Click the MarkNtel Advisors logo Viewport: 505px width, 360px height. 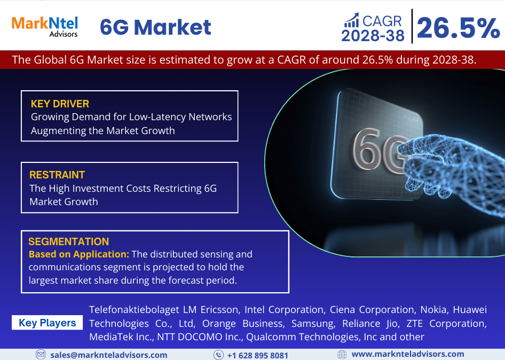coord(45,27)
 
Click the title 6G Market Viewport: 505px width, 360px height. coord(155,27)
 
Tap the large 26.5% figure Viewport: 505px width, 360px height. coord(459,28)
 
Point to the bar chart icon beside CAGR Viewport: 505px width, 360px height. coord(351,20)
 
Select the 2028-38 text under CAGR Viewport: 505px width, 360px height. coord(373,35)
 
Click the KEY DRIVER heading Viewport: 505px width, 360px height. coord(60,104)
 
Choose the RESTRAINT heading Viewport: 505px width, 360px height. coord(57,175)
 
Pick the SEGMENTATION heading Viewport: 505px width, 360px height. coord(69,241)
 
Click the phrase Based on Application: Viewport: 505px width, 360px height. coord(79,254)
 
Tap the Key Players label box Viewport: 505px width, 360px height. coord(47,323)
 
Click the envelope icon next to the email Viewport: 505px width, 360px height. coord(41,355)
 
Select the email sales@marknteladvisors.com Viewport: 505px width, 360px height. coord(109,355)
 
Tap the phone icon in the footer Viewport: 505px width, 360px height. coord(219,355)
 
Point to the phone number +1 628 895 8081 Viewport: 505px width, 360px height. coord(258,356)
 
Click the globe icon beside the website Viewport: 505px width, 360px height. coord(342,355)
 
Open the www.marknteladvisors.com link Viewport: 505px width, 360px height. coord(408,354)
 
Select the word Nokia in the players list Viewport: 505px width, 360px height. coord(433,310)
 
